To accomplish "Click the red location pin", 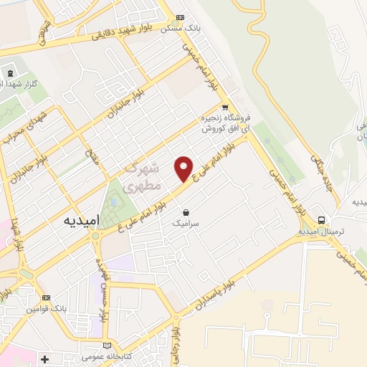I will pyautogui.click(x=184, y=168).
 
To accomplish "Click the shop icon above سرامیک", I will pyautogui.click(x=186, y=212).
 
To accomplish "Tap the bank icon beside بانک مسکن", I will pyautogui.click(x=181, y=18).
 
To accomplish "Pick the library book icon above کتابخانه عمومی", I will pyautogui.click(x=108, y=345).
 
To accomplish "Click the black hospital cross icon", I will pyautogui.click(x=45, y=358).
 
